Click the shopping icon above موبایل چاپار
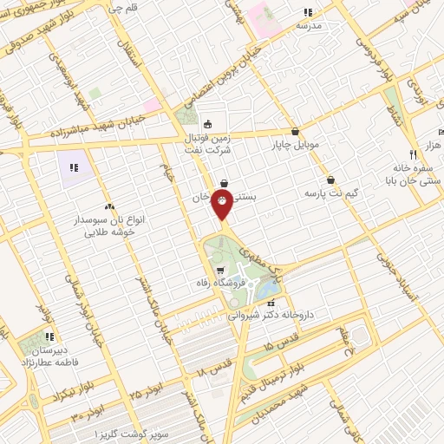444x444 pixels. click(297, 132)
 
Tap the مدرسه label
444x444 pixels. click(309, 25)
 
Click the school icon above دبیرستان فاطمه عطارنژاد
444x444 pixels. click(49, 336)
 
